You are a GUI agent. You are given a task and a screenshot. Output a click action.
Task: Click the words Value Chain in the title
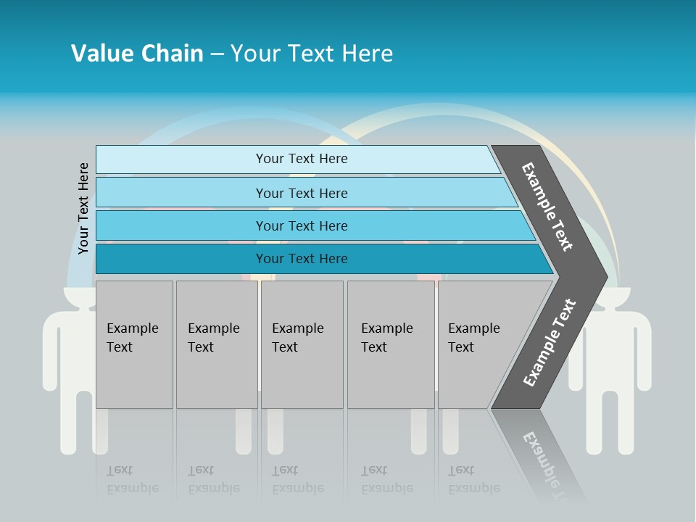click(137, 54)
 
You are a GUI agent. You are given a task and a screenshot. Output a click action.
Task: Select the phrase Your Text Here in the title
click(312, 54)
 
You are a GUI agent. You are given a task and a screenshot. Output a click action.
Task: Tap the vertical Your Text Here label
click(84, 208)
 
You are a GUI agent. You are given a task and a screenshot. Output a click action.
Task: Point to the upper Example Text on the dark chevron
click(548, 207)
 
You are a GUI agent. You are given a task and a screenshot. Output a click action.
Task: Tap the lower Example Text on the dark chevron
click(550, 343)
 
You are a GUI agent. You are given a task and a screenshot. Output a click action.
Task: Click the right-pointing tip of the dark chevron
click(604, 276)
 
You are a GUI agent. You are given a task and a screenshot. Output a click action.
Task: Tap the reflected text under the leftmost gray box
click(132, 479)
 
